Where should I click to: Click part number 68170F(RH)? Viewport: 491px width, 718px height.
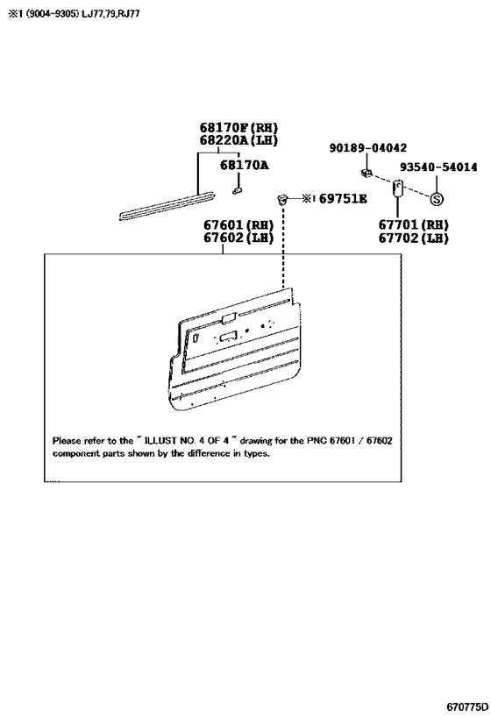(238, 128)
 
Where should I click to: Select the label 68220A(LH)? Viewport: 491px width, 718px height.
(238, 140)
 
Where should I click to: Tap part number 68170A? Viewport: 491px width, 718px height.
(244, 165)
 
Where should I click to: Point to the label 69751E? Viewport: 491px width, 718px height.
(343, 199)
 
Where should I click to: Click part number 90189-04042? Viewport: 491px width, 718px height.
(367, 148)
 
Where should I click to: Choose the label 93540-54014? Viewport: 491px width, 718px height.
(438, 167)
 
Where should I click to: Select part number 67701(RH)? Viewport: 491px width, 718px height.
(413, 224)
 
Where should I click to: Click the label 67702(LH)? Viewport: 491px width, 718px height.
(413, 238)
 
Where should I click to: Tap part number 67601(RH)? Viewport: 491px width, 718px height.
(238, 225)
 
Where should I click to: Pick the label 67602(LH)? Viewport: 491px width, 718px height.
(238, 238)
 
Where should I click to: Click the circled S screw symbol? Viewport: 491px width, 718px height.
(437, 199)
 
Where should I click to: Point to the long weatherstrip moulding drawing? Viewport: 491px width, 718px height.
(167, 204)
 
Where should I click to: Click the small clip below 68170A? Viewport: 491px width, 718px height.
(237, 190)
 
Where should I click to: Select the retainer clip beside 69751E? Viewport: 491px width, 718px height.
(283, 199)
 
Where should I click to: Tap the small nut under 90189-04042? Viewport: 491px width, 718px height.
(366, 173)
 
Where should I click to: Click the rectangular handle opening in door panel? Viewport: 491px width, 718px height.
(228, 338)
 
